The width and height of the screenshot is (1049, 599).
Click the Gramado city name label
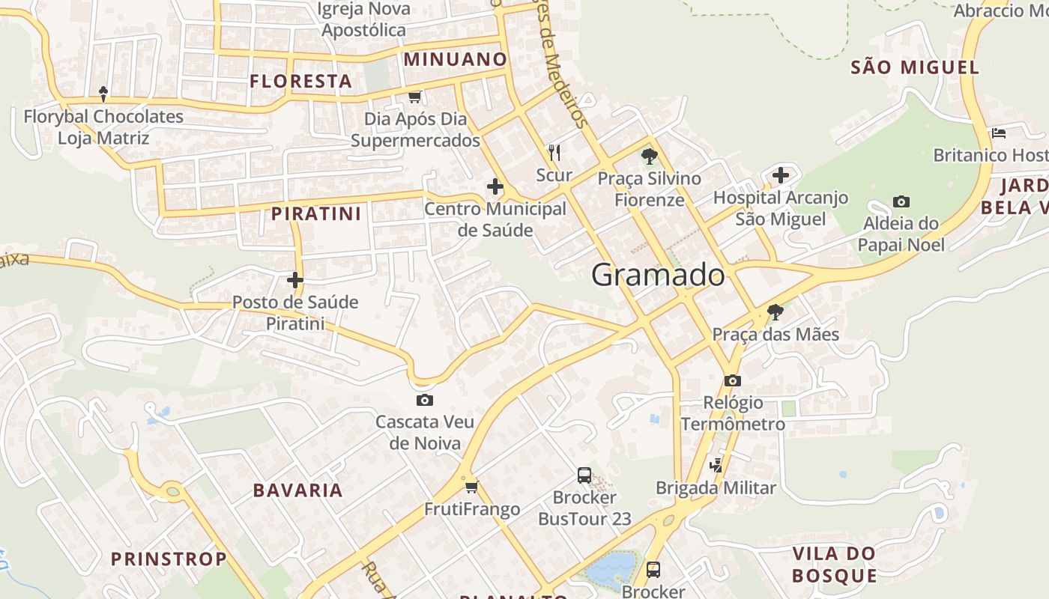pos(658,276)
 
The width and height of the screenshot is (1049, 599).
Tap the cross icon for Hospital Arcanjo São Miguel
pos(781,176)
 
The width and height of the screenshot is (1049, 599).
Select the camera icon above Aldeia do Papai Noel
pos(901,201)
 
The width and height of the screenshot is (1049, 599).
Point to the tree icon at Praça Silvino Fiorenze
pos(649,156)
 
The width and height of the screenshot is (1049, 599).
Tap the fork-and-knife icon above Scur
pos(554,153)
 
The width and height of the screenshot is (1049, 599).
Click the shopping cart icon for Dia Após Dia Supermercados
pos(415,97)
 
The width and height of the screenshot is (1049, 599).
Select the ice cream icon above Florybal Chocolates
pos(103,94)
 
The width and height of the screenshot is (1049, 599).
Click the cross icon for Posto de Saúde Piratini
pos(295,281)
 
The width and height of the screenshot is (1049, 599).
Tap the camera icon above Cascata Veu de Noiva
pos(425,401)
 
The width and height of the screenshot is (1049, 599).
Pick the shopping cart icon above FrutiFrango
pos(471,487)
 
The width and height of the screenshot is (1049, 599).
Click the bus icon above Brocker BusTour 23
pos(584,475)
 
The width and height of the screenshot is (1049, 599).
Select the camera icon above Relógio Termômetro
pos(733,381)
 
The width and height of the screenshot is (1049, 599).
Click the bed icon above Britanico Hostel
pos(998,133)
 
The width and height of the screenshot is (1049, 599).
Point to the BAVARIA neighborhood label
pos(297,490)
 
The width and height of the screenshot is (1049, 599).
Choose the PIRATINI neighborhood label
pos(316,213)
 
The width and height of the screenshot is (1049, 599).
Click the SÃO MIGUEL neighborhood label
pos(915,67)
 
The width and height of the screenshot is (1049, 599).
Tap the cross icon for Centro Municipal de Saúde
pos(495,186)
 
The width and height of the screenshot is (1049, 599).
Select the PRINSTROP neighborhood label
pos(169,559)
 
